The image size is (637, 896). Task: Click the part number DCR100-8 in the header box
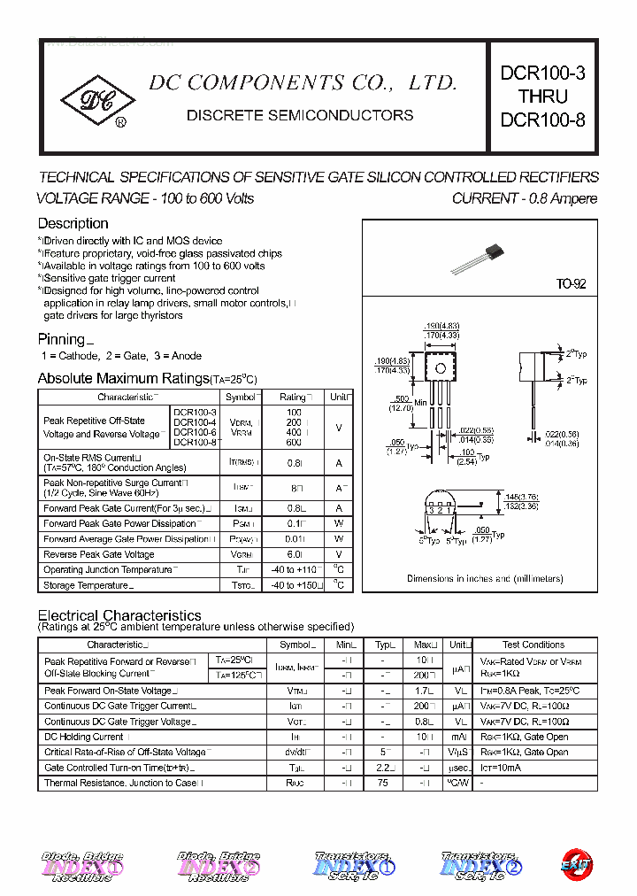click(x=542, y=120)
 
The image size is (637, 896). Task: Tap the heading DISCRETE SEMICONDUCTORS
click(x=300, y=116)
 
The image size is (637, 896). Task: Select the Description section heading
click(x=73, y=224)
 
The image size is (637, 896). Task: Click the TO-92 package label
click(x=571, y=284)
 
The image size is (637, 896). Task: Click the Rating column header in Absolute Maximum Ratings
click(x=294, y=398)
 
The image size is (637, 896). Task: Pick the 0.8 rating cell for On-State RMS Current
click(x=294, y=462)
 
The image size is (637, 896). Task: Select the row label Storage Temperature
click(x=88, y=585)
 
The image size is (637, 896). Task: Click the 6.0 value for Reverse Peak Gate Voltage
click(x=294, y=554)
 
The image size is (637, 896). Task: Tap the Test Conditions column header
click(x=533, y=645)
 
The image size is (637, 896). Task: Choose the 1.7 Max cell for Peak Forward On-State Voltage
click(x=425, y=691)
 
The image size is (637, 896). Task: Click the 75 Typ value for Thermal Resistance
click(x=384, y=783)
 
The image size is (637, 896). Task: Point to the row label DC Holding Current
click(x=84, y=737)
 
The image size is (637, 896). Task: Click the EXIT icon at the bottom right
click(x=577, y=864)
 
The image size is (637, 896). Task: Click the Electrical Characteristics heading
click(x=119, y=615)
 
